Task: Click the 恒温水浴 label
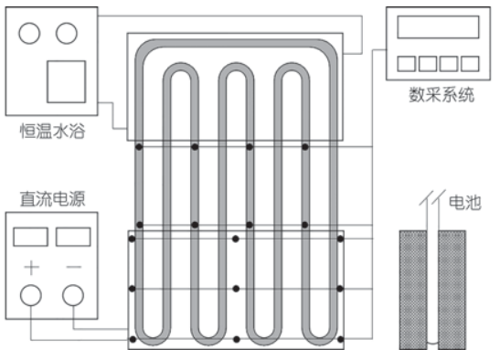click(x=53, y=131)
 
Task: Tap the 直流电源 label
click(x=53, y=198)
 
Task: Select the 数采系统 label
click(x=441, y=95)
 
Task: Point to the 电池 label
click(x=465, y=202)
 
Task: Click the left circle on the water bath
click(x=29, y=33)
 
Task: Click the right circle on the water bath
click(x=67, y=33)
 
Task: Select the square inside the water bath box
click(x=67, y=81)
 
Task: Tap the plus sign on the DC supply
click(x=32, y=267)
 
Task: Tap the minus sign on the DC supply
click(x=74, y=267)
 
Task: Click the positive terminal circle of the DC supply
click(x=31, y=295)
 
